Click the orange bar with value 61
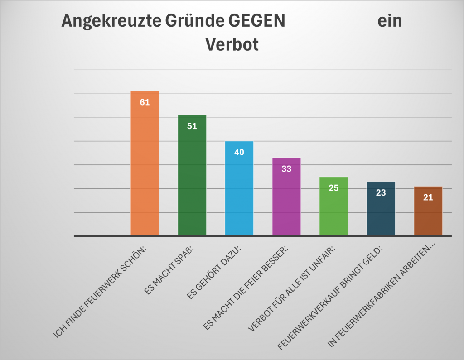tap(145, 172)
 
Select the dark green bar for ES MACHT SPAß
tap(192, 181)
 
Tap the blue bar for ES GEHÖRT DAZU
tap(239, 195)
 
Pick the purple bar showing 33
tap(286, 204)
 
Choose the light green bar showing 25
tap(333, 211)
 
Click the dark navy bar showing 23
tap(381, 213)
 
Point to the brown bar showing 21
tap(428, 215)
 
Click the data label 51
tap(192, 126)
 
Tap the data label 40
tap(239, 152)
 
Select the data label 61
tap(145, 102)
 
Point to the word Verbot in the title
tap(232, 45)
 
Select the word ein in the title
tap(390, 21)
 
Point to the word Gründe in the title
tap(188, 21)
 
